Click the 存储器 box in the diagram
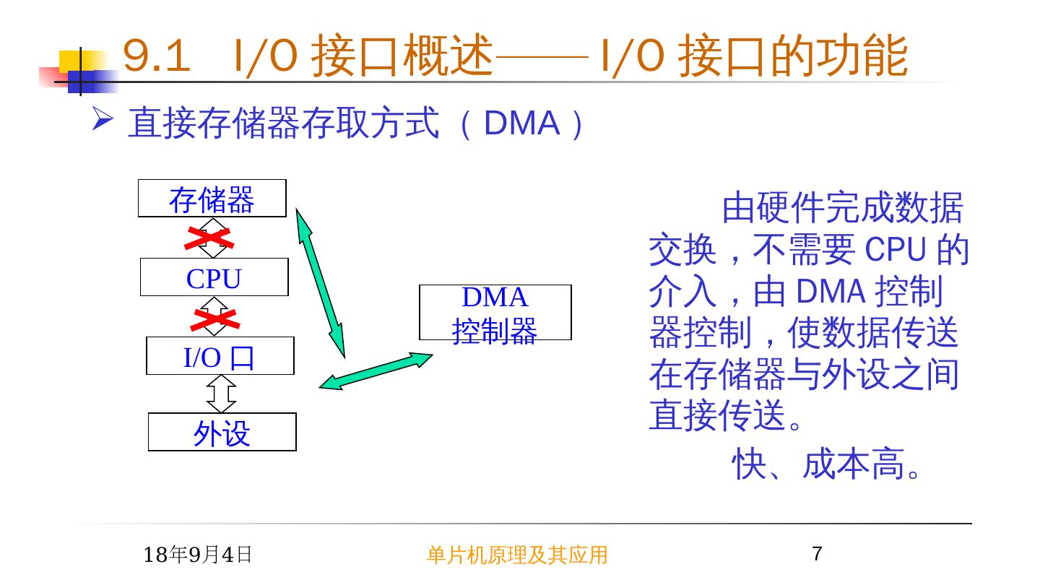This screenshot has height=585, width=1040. point(212,199)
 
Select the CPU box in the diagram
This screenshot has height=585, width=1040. point(214,277)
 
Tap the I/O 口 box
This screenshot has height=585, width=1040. point(220,356)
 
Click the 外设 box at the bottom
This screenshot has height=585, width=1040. point(222,433)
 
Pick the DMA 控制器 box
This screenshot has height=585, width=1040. point(495,313)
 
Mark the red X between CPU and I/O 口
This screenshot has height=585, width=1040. point(213,318)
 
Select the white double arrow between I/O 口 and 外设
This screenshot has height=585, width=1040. point(221,394)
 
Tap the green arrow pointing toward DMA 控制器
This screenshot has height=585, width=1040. point(376,370)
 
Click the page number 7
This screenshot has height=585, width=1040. point(817,555)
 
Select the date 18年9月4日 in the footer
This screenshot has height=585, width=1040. point(198,555)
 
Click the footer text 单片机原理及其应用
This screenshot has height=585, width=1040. point(516,555)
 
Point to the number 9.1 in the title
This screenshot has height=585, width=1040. point(156,56)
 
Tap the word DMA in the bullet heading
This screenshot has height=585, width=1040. point(521,124)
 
